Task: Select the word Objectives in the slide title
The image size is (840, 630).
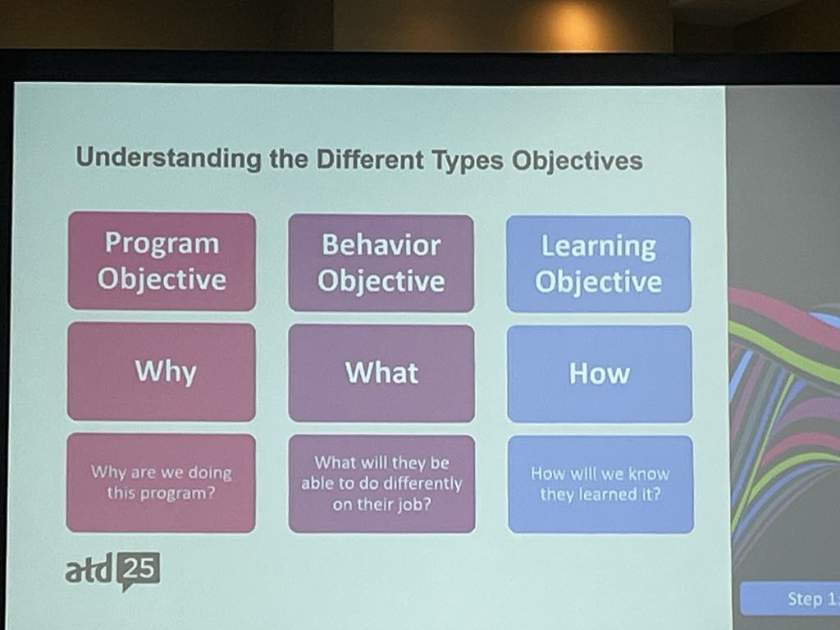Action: (x=577, y=161)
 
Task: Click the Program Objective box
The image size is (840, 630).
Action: (x=162, y=262)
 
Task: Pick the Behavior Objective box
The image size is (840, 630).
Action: (x=381, y=263)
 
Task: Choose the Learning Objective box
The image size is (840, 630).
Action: (x=598, y=264)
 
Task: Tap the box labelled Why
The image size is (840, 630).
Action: (x=162, y=372)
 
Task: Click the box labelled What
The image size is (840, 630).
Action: (x=381, y=373)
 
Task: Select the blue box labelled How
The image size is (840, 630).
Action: (x=600, y=374)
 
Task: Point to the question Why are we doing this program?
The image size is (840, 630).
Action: (x=162, y=482)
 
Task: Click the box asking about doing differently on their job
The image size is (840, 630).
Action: (x=381, y=484)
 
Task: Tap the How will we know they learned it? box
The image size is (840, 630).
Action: (x=600, y=484)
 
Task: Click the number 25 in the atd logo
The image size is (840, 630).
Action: (x=139, y=569)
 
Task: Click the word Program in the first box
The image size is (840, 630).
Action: (x=162, y=244)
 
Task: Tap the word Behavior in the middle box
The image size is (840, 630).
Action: (x=381, y=245)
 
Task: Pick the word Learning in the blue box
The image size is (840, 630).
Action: (x=598, y=247)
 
